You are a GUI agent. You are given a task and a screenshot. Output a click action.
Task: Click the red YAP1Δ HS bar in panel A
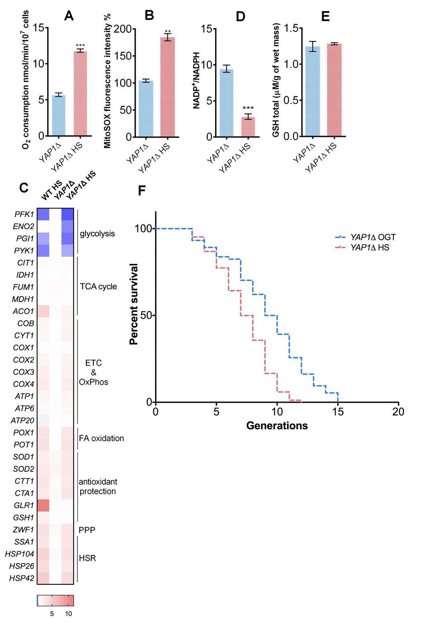(x=80, y=93)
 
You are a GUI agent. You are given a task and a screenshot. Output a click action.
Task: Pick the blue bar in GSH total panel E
(x=313, y=91)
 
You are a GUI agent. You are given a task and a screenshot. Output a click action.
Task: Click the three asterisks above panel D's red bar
(x=248, y=109)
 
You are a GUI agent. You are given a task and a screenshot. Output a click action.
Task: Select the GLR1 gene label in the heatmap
(x=24, y=505)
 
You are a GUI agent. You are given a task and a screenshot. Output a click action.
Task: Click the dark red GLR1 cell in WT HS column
(x=43, y=505)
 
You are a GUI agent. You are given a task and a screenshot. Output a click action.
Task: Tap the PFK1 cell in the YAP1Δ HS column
(x=67, y=214)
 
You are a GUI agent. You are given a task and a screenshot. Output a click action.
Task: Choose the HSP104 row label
(x=20, y=554)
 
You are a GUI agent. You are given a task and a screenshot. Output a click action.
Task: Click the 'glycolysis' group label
(x=97, y=234)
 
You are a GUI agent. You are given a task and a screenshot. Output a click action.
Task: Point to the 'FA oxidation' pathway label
(x=101, y=438)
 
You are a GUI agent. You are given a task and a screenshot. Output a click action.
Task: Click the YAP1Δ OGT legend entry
(x=366, y=237)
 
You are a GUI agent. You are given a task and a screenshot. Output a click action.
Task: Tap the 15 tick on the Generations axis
(x=338, y=412)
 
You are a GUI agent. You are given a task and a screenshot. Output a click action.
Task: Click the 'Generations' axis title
(x=277, y=426)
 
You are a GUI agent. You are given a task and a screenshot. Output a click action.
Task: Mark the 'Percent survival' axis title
(x=134, y=304)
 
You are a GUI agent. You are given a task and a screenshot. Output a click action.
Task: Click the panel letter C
(x=24, y=188)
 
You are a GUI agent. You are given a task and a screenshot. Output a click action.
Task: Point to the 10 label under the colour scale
(x=69, y=614)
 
